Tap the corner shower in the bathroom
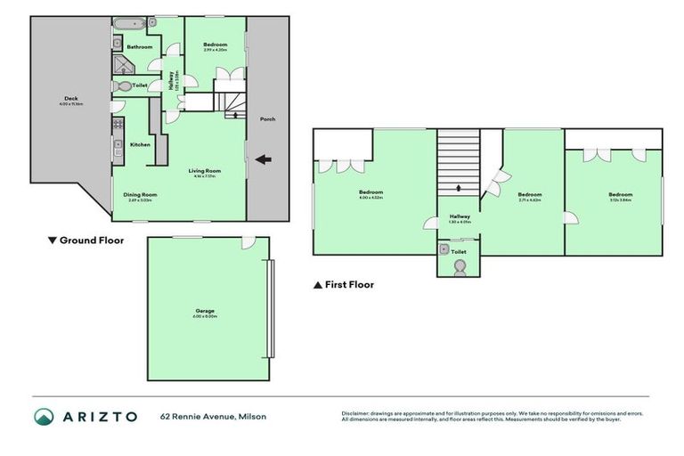[120, 64]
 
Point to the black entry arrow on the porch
[263, 160]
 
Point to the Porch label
[266, 118]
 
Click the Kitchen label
[140, 144]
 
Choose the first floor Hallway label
[460, 216]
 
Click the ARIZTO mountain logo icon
[44, 416]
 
